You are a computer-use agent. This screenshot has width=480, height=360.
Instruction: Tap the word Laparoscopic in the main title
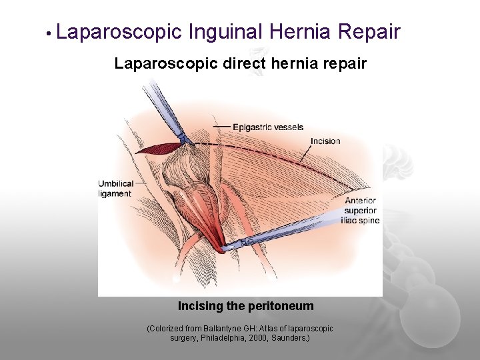[119, 31]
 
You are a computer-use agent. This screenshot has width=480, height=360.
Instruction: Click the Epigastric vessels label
[268, 127]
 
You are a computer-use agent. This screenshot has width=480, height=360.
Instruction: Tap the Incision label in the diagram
[325, 141]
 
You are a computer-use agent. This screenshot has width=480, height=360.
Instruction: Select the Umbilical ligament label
[115, 189]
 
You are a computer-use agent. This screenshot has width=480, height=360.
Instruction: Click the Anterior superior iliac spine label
[360, 210]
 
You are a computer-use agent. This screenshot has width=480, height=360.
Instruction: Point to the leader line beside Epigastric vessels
[221, 126]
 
